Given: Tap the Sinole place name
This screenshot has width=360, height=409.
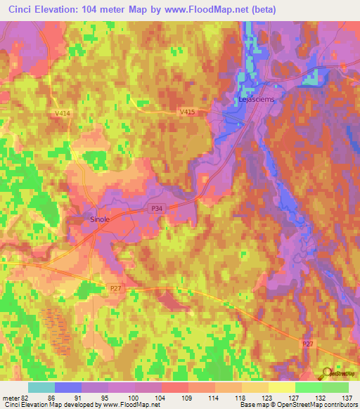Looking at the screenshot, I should (x=99, y=219).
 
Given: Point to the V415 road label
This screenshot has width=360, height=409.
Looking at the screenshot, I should (x=188, y=112).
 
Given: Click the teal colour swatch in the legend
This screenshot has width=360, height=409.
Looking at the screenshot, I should (x=41, y=387).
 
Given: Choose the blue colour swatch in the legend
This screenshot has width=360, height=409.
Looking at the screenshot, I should (x=68, y=387).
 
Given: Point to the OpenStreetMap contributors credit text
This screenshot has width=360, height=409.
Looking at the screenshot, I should (x=320, y=405).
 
